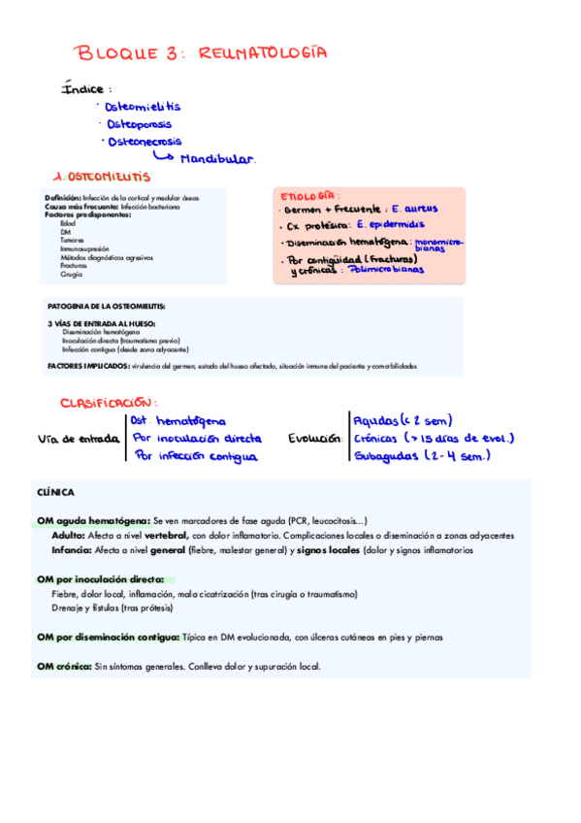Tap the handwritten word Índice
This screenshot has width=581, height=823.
click(83, 89)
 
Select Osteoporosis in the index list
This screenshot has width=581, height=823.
click(140, 124)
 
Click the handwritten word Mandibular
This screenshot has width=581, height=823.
click(216, 158)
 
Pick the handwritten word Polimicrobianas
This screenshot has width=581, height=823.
click(385, 271)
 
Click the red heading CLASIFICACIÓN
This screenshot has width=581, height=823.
click(108, 402)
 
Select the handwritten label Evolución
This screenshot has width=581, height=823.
click(315, 439)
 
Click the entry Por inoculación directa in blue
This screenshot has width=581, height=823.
click(197, 439)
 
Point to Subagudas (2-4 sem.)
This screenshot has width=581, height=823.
click(419, 455)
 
